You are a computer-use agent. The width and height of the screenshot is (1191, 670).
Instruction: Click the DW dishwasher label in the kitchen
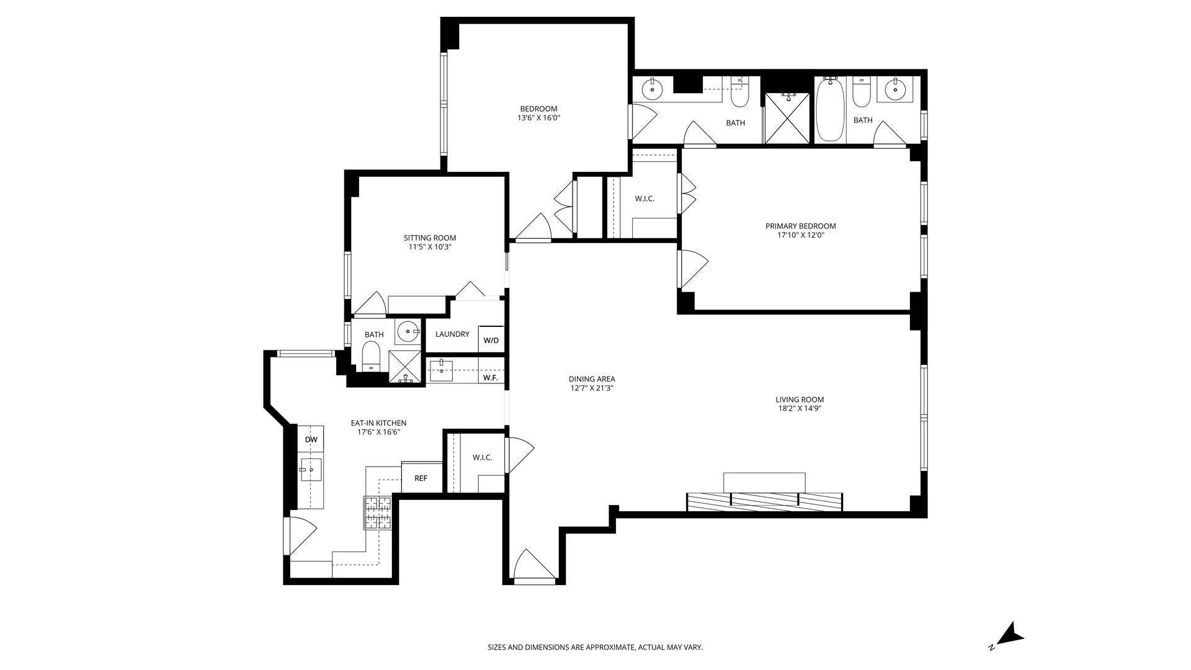tap(311, 440)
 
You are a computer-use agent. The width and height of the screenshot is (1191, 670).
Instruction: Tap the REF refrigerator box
tap(422, 478)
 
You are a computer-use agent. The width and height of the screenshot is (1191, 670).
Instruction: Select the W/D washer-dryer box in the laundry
tap(491, 340)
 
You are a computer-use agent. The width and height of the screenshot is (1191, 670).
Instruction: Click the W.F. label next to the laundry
tap(491, 378)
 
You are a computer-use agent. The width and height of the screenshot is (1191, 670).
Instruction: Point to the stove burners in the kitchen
tap(378, 513)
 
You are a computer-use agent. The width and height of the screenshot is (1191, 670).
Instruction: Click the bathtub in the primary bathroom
tap(831, 110)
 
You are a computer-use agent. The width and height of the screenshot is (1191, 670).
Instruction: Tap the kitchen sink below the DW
tap(311, 470)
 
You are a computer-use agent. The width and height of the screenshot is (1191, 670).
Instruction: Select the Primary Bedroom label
tap(800, 226)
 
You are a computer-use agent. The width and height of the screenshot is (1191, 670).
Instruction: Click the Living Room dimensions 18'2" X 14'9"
tap(800, 409)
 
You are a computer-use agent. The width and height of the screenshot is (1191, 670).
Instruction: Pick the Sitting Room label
tap(430, 238)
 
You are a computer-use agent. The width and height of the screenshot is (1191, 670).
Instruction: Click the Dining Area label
tap(592, 379)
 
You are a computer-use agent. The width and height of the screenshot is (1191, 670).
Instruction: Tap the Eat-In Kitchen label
tap(378, 423)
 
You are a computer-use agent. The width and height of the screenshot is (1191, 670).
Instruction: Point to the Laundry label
tap(452, 334)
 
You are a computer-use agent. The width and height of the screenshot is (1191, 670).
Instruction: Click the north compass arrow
tap(1012, 633)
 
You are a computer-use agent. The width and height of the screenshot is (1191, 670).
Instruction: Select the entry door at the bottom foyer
tap(533, 566)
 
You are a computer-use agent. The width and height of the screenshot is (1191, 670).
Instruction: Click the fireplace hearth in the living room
tap(764, 502)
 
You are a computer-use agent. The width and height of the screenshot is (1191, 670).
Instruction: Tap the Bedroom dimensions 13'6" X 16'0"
tap(539, 118)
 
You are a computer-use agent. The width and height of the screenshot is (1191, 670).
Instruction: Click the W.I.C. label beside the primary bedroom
tap(645, 199)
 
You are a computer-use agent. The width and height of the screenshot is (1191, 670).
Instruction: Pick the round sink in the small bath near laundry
tap(408, 332)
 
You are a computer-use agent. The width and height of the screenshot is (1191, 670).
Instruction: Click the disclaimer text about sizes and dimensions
tap(595, 647)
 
